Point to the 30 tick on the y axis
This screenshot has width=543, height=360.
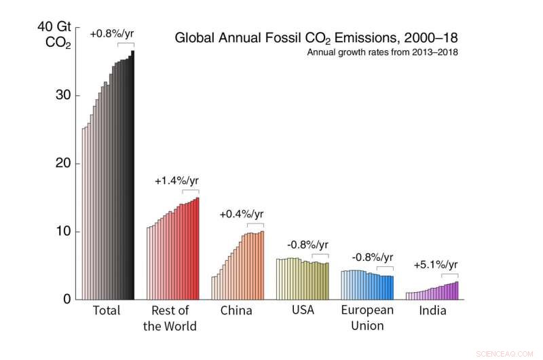(x=63, y=95)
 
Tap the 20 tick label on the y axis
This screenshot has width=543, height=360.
(x=63, y=164)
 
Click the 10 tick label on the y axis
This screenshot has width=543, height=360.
(x=63, y=232)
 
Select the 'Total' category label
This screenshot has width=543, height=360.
(x=106, y=311)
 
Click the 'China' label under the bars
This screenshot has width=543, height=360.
(x=236, y=311)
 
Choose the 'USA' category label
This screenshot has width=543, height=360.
(x=302, y=311)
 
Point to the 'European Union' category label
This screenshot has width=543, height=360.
(x=367, y=318)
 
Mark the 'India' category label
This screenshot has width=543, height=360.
(x=432, y=311)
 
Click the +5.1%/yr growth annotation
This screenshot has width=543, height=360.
(x=436, y=265)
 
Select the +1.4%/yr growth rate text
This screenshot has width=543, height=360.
(x=176, y=181)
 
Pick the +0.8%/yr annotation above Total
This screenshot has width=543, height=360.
(x=111, y=33)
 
